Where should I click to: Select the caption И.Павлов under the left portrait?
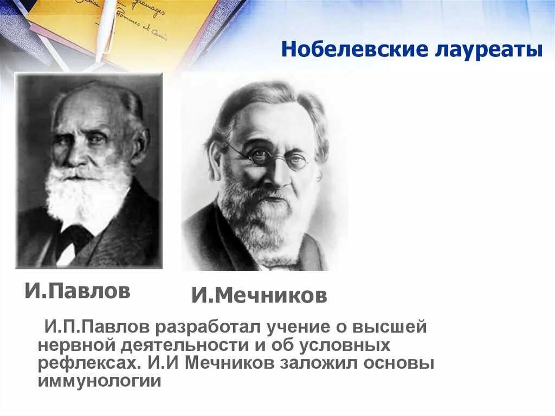click(x=78, y=291)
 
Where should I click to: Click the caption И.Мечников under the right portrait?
click(x=259, y=296)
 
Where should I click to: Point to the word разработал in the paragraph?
click(x=206, y=328)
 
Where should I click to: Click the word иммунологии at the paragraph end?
click(x=100, y=381)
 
